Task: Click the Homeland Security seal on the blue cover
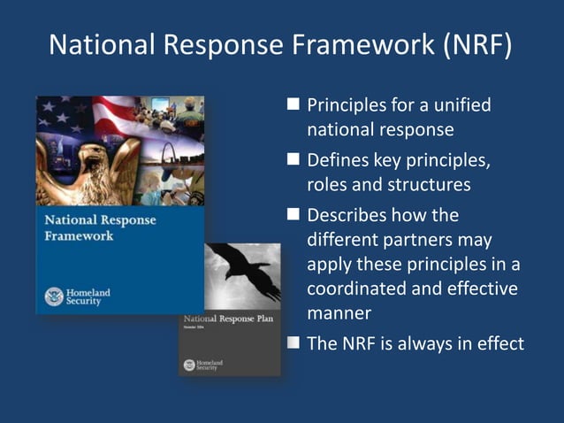pyautogui.click(x=53, y=296)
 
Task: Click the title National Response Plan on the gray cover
pyautogui.click(x=229, y=318)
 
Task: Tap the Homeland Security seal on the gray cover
pyautogui.click(x=189, y=364)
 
